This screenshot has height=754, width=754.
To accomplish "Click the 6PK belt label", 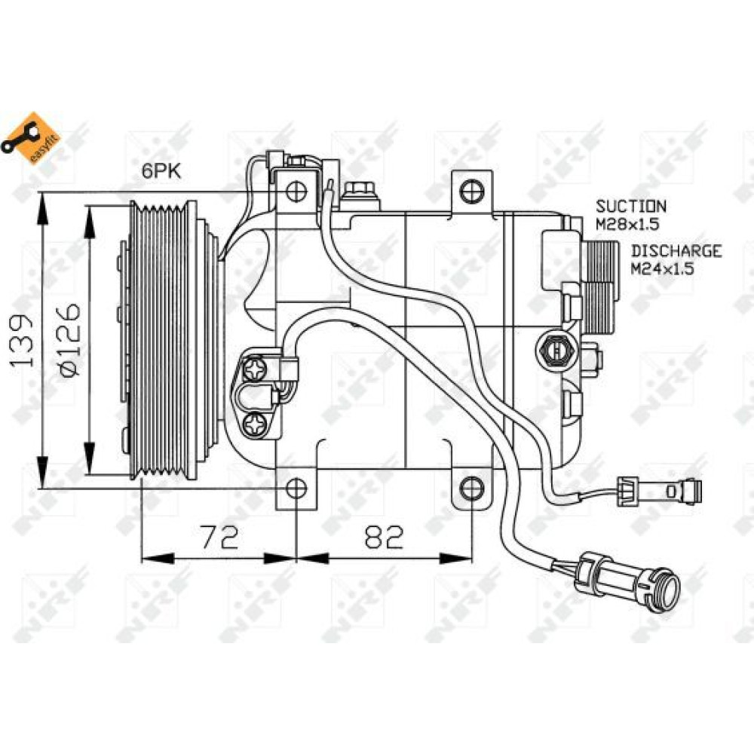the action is [161, 171].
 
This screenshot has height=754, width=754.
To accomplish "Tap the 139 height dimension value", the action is [24, 341].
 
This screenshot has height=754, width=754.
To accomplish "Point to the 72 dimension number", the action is [219, 537].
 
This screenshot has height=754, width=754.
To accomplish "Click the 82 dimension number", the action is [385, 537].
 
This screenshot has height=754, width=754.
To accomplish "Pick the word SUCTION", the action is [631, 207].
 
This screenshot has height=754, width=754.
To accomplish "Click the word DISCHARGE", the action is [676, 251].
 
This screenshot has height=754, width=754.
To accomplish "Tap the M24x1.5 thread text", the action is [662, 268].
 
